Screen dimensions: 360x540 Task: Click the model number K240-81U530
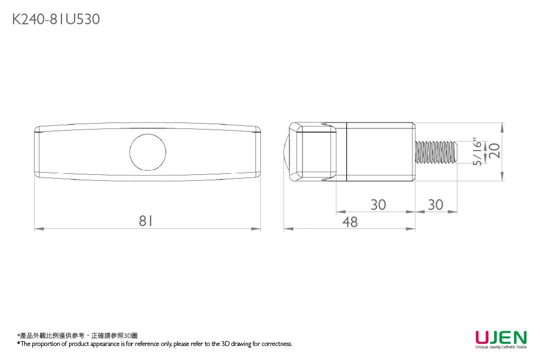56,20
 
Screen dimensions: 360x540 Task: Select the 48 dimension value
350,222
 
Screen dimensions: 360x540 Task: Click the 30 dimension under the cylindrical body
378,205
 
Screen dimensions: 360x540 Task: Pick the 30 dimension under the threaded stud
435,205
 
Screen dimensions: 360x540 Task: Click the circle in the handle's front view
147,151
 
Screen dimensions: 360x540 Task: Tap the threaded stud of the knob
436,152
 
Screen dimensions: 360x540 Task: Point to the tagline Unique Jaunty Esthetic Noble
501,348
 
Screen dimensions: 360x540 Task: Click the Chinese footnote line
78,336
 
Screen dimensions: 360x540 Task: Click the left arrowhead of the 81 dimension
37,229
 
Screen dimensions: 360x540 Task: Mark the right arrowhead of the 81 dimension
258,229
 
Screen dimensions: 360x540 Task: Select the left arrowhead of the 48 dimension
287,229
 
